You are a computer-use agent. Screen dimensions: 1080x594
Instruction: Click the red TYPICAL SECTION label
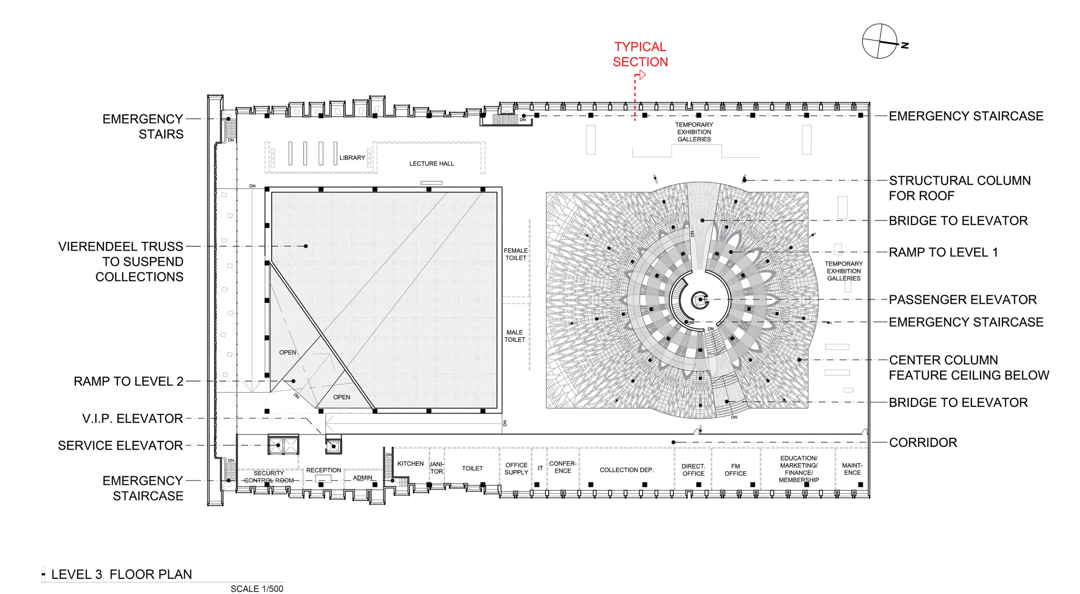[640, 54]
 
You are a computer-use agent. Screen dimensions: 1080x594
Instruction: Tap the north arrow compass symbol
[880, 41]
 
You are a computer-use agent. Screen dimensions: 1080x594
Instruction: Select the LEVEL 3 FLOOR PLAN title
[121, 574]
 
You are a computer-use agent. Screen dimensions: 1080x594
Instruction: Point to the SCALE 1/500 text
[257, 589]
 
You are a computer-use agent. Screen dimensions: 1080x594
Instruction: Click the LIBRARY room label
[352, 158]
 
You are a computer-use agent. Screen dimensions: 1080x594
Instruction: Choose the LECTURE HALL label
[432, 164]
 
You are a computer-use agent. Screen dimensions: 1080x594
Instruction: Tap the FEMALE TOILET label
[516, 254]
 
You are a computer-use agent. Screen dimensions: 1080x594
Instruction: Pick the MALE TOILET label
[515, 336]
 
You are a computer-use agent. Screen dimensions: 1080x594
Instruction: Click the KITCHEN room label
[410, 464]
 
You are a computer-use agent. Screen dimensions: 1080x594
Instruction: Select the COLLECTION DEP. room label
[626, 470]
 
